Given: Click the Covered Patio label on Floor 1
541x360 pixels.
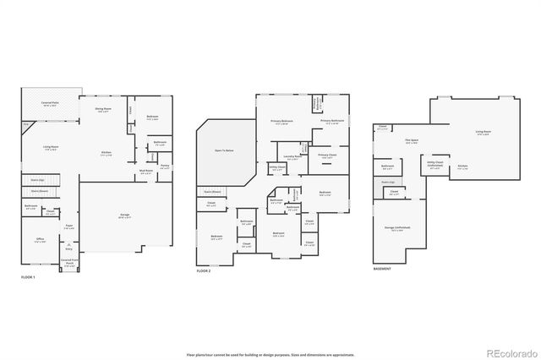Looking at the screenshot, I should click(49, 103).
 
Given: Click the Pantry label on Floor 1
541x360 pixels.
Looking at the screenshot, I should click(165, 166).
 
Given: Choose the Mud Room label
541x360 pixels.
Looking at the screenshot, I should click(145, 171).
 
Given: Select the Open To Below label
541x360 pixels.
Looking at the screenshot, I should click(224, 151).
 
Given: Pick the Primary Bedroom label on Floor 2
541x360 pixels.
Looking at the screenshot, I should click(282, 123).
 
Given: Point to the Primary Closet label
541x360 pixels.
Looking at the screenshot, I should click(328, 156).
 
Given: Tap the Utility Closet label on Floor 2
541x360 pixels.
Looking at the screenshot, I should click(277, 168).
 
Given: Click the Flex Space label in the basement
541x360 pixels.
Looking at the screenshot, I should click(412, 142).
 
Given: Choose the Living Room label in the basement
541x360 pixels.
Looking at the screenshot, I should click(483, 133).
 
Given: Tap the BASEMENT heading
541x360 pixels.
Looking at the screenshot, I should click(383, 270).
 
